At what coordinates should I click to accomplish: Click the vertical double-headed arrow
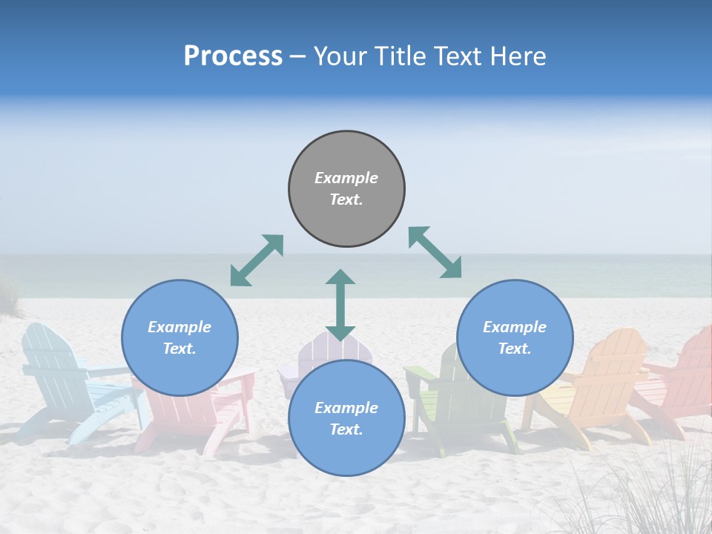point(340,305)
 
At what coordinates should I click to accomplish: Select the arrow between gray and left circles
point(257,260)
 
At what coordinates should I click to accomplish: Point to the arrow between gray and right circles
point(435,252)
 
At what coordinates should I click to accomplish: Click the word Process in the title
point(233,56)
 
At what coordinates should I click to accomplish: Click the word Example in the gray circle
point(346,178)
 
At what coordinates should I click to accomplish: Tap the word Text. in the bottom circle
point(346,429)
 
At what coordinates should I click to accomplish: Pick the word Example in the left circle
point(179,327)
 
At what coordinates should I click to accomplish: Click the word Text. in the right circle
point(515,349)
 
